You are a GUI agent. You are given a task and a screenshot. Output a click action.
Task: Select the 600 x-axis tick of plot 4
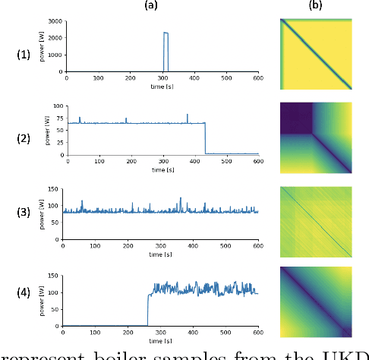[257, 332]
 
